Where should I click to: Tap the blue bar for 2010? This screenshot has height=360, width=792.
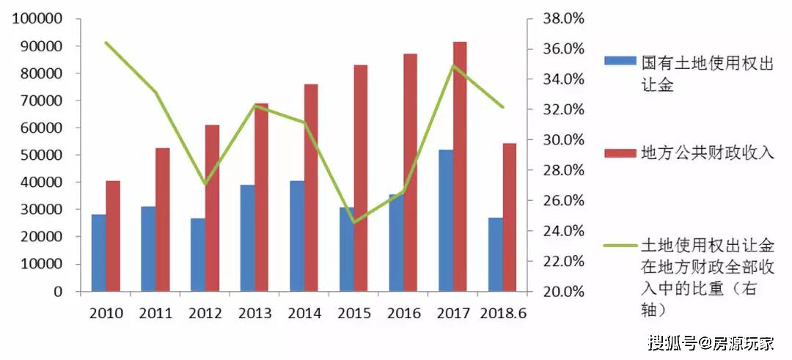(98, 252)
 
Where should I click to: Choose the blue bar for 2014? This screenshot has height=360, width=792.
(296, 235)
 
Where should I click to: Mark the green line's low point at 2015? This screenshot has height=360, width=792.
(353, 222)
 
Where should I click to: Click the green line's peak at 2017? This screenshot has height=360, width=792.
(452, 66)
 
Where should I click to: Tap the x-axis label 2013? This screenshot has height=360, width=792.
(254, 314)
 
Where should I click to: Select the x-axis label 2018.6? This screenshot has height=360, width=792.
(503, 314)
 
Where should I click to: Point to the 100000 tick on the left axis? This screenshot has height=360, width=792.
(37, 19)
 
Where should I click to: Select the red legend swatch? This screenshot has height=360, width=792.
(620, 153)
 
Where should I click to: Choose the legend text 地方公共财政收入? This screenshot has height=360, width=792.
(707, 153)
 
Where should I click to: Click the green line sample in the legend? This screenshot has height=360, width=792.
(620, 245)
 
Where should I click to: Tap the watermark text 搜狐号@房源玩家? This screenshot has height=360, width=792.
(711, 342)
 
